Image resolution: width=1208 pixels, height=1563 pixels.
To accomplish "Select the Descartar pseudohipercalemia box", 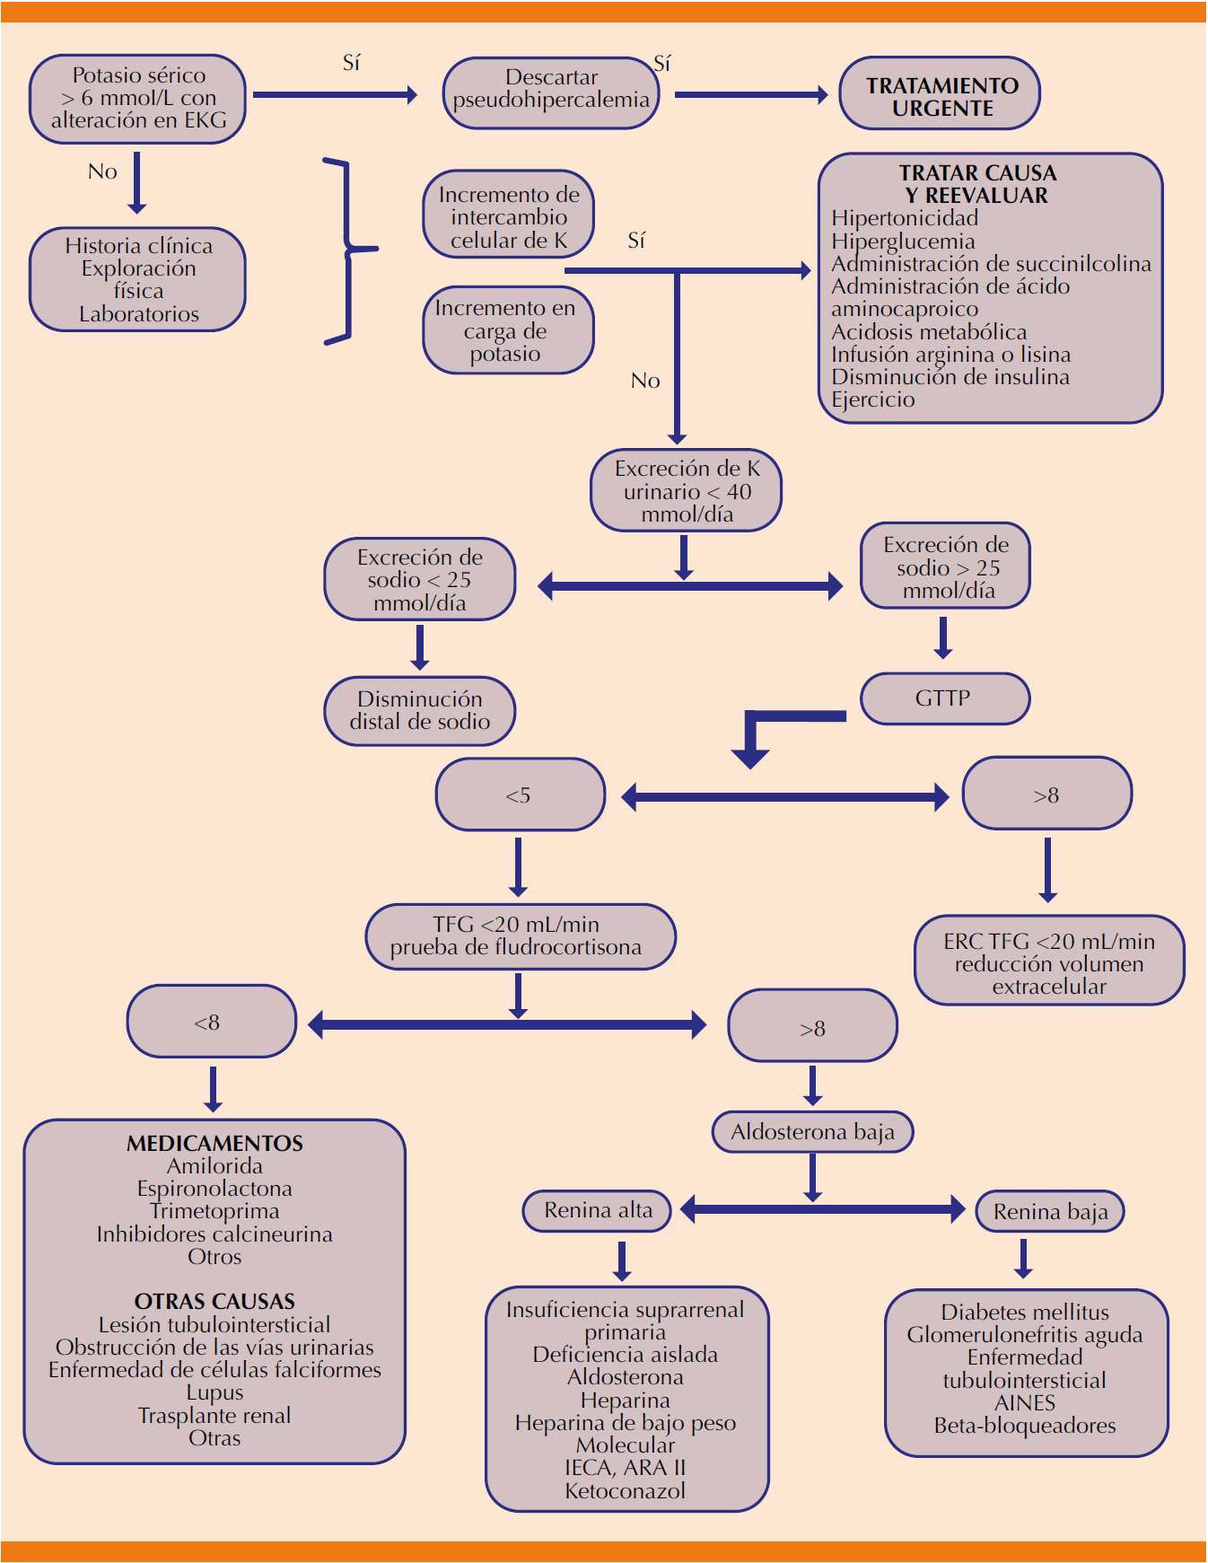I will [x=550, y=92].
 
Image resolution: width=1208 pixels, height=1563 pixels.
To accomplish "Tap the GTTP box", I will [x=944, y=698].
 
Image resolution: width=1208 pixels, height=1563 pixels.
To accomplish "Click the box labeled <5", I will [x=520, y=795].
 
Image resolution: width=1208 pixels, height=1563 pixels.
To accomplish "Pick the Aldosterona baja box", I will [x=812, y=1132].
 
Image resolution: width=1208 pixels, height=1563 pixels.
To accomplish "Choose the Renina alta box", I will [x=598, y=1211].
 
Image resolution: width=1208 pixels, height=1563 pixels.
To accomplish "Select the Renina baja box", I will [x=1049, y=1212].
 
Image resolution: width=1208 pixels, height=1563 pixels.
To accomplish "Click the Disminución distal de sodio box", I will [x=419, y=711].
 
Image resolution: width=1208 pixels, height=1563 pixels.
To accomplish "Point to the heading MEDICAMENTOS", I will [x=214, y=1144].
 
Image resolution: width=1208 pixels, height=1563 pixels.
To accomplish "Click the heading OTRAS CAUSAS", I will [x=214, y=1302].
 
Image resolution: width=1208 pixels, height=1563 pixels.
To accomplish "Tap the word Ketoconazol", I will [x=626, y=1491].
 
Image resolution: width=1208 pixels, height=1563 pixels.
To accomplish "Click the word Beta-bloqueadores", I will [x=1025, y=1426].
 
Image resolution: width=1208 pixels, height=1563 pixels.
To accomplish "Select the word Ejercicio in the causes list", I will [x=872, y=400].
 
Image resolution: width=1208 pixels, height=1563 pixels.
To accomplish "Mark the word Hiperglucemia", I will [x=903, y=241].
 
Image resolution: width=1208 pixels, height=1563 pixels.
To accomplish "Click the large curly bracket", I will [x=346, y=250].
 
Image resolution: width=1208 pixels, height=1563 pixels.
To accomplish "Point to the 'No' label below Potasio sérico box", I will [x=102, y=171].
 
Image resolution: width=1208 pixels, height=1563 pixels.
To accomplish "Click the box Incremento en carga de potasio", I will [x=508, y=330].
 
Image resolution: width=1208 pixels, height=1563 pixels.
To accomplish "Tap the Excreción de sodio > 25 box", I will [x=945, y=566].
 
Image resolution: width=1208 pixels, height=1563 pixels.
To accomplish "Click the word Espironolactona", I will [x=214, y=1189].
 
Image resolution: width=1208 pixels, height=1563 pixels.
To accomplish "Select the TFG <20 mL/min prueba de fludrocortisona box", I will [x=520, y=936].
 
